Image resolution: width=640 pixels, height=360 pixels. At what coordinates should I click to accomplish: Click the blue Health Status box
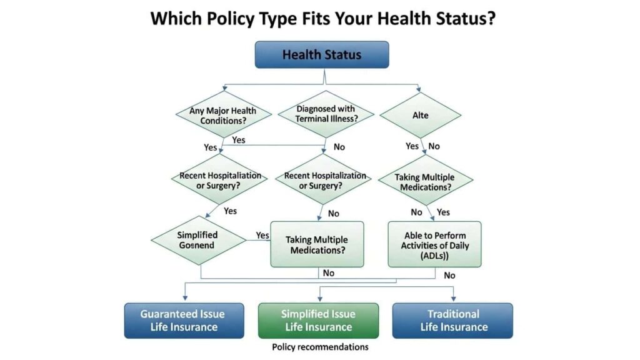coord(321,54)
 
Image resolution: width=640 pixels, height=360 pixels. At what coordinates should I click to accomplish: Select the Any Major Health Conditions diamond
coord(223,116)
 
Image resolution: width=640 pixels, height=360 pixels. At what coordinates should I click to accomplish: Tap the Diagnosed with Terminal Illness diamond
coord(326,114)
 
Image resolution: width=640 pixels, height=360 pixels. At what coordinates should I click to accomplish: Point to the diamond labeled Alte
coord(420,116)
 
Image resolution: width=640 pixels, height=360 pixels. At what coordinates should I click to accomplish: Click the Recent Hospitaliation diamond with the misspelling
coord(220,180)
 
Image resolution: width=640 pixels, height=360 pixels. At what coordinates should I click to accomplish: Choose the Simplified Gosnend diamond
coord(197,240)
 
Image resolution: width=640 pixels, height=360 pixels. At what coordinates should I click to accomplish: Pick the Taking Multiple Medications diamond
coord(424,182)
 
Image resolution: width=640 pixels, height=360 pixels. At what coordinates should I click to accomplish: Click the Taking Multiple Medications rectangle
coord(316,244)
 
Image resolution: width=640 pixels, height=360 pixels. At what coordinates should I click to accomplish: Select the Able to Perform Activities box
coord(434,244)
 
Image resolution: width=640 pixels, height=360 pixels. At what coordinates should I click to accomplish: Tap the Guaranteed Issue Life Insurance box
coord(183,321)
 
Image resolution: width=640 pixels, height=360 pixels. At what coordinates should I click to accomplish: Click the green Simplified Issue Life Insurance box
coord(318,321)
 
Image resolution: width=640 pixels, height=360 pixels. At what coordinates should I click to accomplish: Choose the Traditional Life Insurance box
coord(453,321)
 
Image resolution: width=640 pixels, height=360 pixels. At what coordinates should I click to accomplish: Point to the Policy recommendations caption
coord(320,347)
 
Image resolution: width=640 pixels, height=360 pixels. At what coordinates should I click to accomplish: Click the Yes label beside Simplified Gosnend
coord(262,236)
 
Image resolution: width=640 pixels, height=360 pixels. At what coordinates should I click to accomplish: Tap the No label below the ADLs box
coord(449,276)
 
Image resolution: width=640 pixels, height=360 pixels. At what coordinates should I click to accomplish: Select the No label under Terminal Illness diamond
coord(339,147)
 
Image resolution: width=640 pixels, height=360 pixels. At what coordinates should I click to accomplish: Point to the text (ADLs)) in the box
coord(435,255)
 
